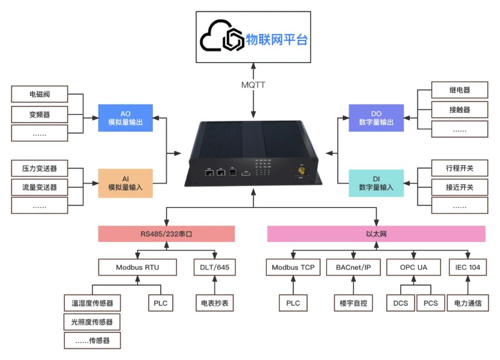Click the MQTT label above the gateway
pyautogui.click(x=253, y=85)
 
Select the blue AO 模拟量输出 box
pyautogui.click(x=125, y=118)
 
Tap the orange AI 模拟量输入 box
pyautogui.click(x=125, y=183)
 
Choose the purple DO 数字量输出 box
pyautogui.click(x=376, y=118)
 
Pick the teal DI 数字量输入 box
pyautogui.click(x=376, y=183)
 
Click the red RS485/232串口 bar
pyautogui.click(x=166, y=234)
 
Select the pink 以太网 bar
pyautogui.click(x=376, y=234)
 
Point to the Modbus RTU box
pyautogui.click(x=138, y=267)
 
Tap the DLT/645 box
pyautogui.click(x=214, y=267)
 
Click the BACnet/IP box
pyautogui.click(x=353, y=267)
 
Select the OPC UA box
pyautogui.click(x=413, y=267)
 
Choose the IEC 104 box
pyautogui.click(x=468, y=267)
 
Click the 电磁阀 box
pyautogui.click(x=39, y=95)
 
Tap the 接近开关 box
pyautogui.click(x=459, y=188)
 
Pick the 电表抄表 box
pyautogui.click(x=214, y=303)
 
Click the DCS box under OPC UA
pyautogui.click(x=400, y=303)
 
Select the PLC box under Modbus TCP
pyautogui.click(x=293, y=303)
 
